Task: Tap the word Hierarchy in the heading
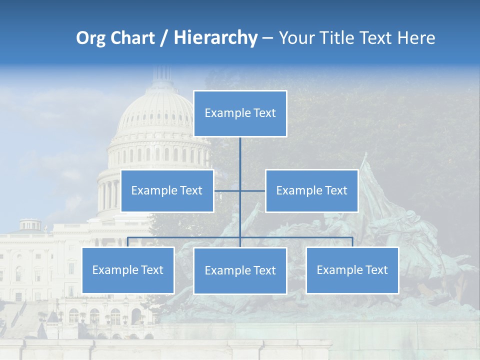tap(215, 38)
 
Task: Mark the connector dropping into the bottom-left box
tap(128, 242)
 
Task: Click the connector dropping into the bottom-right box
tap(352, 242)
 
